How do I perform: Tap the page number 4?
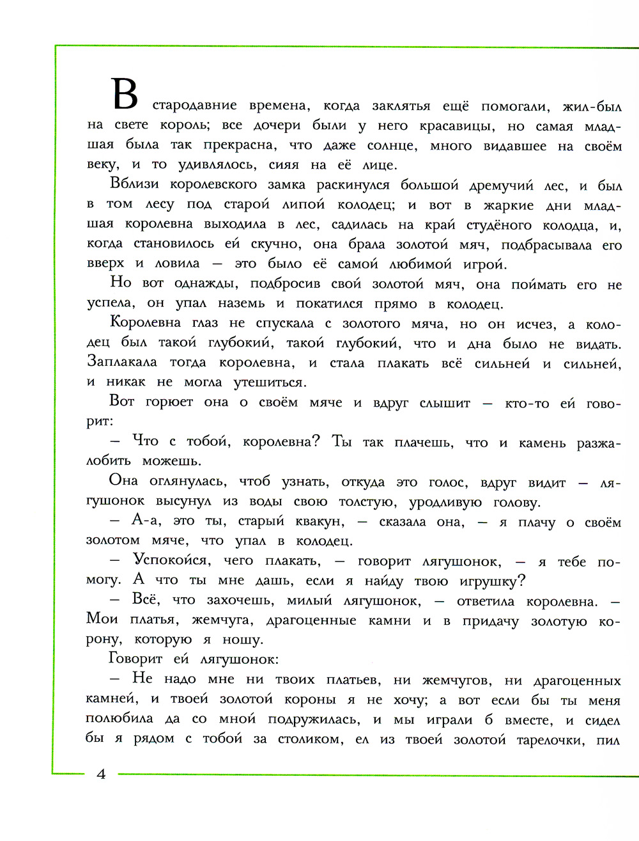pos(101,774)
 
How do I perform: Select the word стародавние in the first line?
pos(194,106)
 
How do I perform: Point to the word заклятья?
pos(401,106)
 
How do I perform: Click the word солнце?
pos(392,146)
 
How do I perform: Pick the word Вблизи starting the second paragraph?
pos(134,184)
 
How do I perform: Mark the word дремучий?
pos(501,186)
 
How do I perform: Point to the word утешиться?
pos(270,383)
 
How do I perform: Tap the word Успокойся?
pos(171,561)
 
